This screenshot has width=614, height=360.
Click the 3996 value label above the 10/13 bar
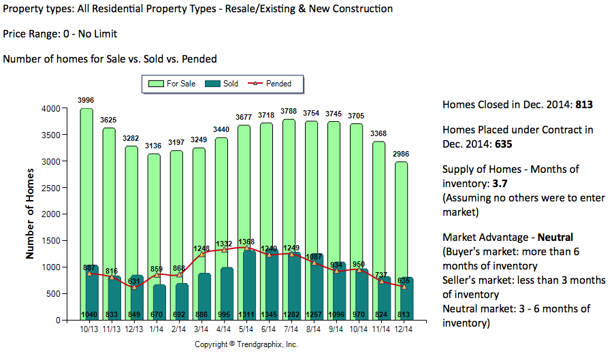point(86,101)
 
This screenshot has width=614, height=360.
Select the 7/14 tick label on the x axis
point(291,329)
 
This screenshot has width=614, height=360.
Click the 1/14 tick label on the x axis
point(157,329)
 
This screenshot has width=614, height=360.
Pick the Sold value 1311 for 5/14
point(246,314)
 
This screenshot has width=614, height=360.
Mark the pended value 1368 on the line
point(246,242)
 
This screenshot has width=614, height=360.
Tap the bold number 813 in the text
point(584,105)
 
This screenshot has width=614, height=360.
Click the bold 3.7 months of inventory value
point(498,184)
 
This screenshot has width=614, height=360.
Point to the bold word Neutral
point(555,238)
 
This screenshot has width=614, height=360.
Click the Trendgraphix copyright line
point(246,344)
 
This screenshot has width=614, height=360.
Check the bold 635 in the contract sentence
point(503,144)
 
